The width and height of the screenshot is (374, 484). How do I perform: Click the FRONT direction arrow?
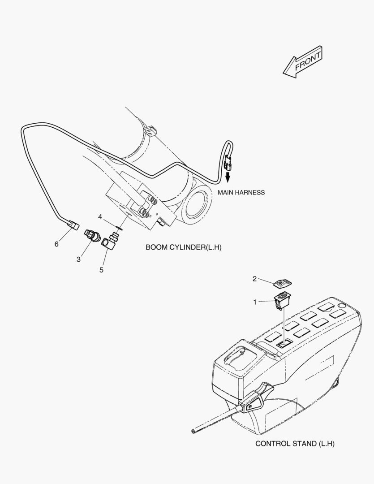point(303,62)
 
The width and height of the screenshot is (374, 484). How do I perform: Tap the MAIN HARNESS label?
point(241,192)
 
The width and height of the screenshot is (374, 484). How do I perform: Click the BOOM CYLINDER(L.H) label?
point(183,247)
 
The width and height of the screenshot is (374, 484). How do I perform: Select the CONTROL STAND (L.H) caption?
point(295,444)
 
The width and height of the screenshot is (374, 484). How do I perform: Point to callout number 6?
point(56,244)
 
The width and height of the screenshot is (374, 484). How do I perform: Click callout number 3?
point(78,259)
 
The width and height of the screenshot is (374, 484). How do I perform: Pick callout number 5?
point(101,270)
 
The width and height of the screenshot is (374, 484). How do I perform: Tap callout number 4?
point(100,217)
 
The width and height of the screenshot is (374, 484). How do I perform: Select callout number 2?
point(254,279)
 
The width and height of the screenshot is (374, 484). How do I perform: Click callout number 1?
point(255,302)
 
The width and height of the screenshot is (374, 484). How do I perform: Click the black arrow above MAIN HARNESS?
point(228,177)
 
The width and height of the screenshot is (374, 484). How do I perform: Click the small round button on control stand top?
point(341,306)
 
